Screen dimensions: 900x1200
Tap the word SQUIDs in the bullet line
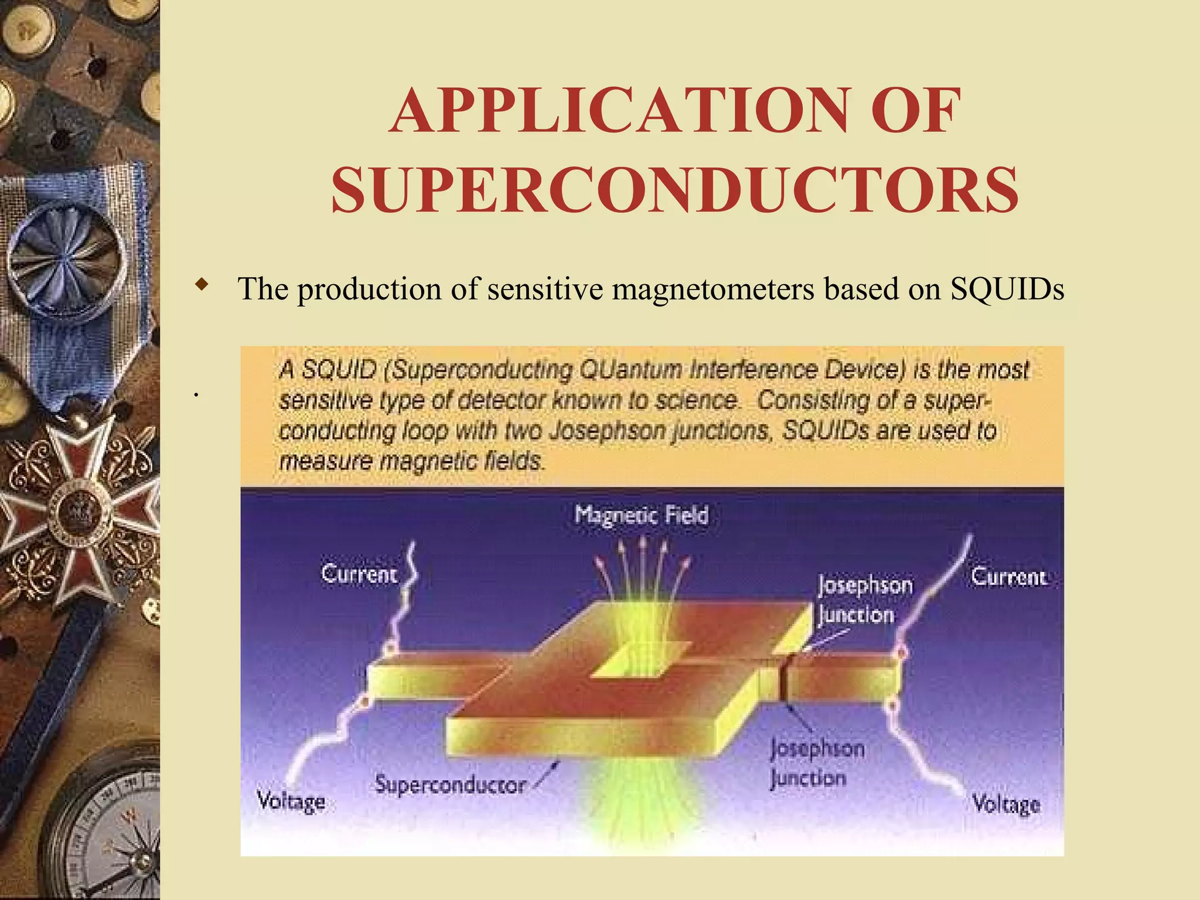pyautogui.click(x=1007, y=289)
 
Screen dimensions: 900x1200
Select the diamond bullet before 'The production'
pyautogui.click(x=202, y=285)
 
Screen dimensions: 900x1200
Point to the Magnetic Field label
pyautogui.click(x=641, y=515)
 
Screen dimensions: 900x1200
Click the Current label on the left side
pyautogui.click(x=359, y=574)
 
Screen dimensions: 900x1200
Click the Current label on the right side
pyautogui.click(x=1008, y=577)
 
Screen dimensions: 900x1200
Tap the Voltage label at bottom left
pyautogui.click(x=291, y=801)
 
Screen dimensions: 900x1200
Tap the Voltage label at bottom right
pyautogui.click(x=1005, y=804)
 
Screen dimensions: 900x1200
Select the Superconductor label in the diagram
pyautogui.click(x=450, y=785)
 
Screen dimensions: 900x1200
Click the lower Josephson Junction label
pyautogui.click(x=816, y=763)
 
